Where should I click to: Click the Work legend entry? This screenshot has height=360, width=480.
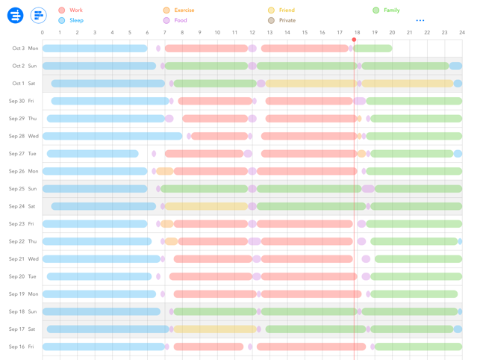pyautogui.click(x=71, y=10)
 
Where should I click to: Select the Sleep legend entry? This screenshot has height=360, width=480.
pyautogui.click(x=71, y=21)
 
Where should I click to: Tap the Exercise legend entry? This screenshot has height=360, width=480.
pyautogui.click(x=178, y=10)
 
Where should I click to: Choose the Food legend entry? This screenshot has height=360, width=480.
pyautogui.click(x=176, y=21)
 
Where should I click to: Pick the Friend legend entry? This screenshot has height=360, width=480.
pyautogui.click(x=281, y=10)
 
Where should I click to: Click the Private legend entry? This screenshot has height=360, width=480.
pyautogui.click(x=282, y=21)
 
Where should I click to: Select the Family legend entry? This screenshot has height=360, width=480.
pyautogui.click(x=387, y=10)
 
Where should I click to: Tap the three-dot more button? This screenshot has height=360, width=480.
pyautogui.click(x=420, y=21)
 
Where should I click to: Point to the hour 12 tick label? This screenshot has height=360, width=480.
pyautogui.click(x=252, y=33)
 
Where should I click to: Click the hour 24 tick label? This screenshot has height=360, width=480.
pyautogui.click(x=462, y=33)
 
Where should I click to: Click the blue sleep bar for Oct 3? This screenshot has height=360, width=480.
pyautogui.click(x=95, y=49)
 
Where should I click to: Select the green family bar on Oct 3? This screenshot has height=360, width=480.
pyautogui.click(x=373, y=49)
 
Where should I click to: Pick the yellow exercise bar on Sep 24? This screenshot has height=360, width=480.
pyautogui.click(x=206, y=206)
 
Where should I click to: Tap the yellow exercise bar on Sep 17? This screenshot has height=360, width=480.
pyautogui.click(x=215, y=329)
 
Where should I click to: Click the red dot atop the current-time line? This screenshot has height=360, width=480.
pyautogui.click(x=354, y=40)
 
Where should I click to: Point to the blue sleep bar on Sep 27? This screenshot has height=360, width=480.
pyautogui.click(x=93, y=154)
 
